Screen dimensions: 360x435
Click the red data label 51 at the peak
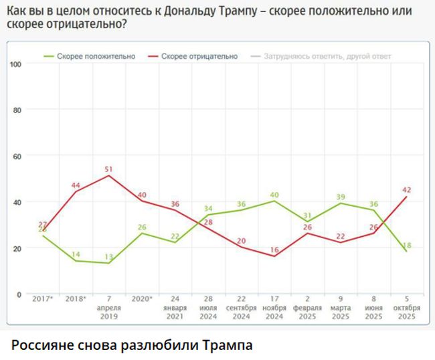tap(109, 169)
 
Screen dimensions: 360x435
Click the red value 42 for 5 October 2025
tap(407, 190)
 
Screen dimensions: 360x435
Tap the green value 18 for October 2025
tap(407, 246)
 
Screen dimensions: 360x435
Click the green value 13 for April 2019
tap(109, 257)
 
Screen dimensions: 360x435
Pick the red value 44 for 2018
tap(76, 185)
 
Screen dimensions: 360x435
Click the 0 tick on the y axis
tap(20, 294)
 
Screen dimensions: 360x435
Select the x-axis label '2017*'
tap(42, 298)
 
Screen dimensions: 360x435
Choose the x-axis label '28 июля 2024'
tap(209, 307)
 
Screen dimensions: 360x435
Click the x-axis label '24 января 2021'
tap(175, 307)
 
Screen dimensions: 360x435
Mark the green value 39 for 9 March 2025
tap(341, 197)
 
